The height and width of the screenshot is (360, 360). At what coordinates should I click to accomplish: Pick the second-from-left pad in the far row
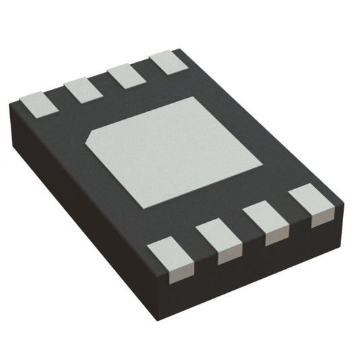[x=82, y=90]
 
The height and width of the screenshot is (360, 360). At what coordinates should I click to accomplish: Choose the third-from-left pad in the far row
[x=126, y=76]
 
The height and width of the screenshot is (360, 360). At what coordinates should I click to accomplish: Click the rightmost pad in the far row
[x=167, y=62]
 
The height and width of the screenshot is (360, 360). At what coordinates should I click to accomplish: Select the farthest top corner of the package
[x=179, y=49]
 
